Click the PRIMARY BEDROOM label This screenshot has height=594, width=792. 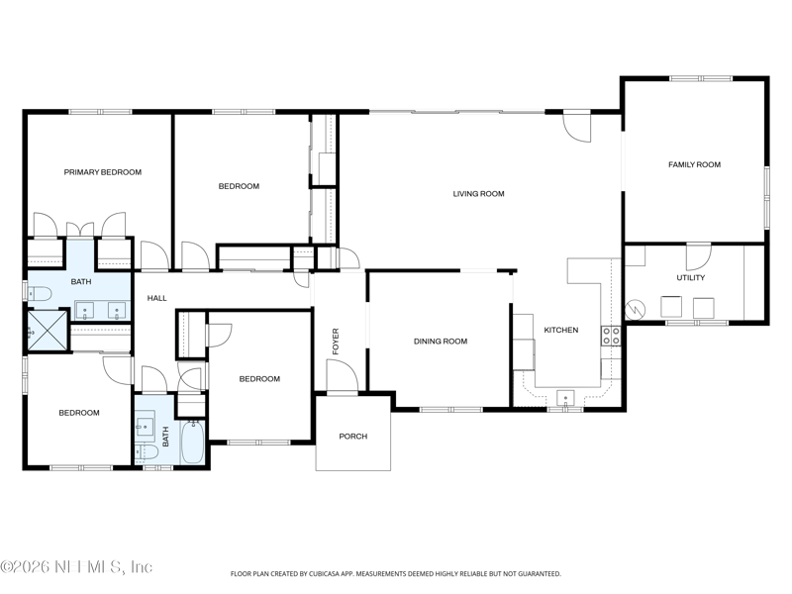coord(103,172)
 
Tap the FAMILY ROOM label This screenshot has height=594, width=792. coord(695,164)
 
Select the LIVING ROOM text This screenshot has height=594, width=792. coord(478,193)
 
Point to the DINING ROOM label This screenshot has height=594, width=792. coord(441,342)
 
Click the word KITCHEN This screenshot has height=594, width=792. coord(561,331)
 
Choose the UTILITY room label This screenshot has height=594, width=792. coord(690,278)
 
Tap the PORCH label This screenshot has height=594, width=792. coord(353,437)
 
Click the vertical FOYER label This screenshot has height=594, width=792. coord(336,342)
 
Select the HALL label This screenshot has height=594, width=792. coord(157,299)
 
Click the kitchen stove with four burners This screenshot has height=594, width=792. coord(611,337)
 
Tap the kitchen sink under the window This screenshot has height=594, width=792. coord(565,398)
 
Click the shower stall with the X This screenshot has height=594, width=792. coord(48,330)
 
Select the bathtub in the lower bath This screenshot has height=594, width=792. coord(192,443)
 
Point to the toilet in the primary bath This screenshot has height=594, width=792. coord(40,293)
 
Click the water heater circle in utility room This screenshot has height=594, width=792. coord(635,310)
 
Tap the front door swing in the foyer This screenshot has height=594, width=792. coord(342,374)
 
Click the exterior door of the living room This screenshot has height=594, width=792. coord(577,126)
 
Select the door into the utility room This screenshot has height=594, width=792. coord(699,257)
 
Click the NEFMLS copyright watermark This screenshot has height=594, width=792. coord(76,566)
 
